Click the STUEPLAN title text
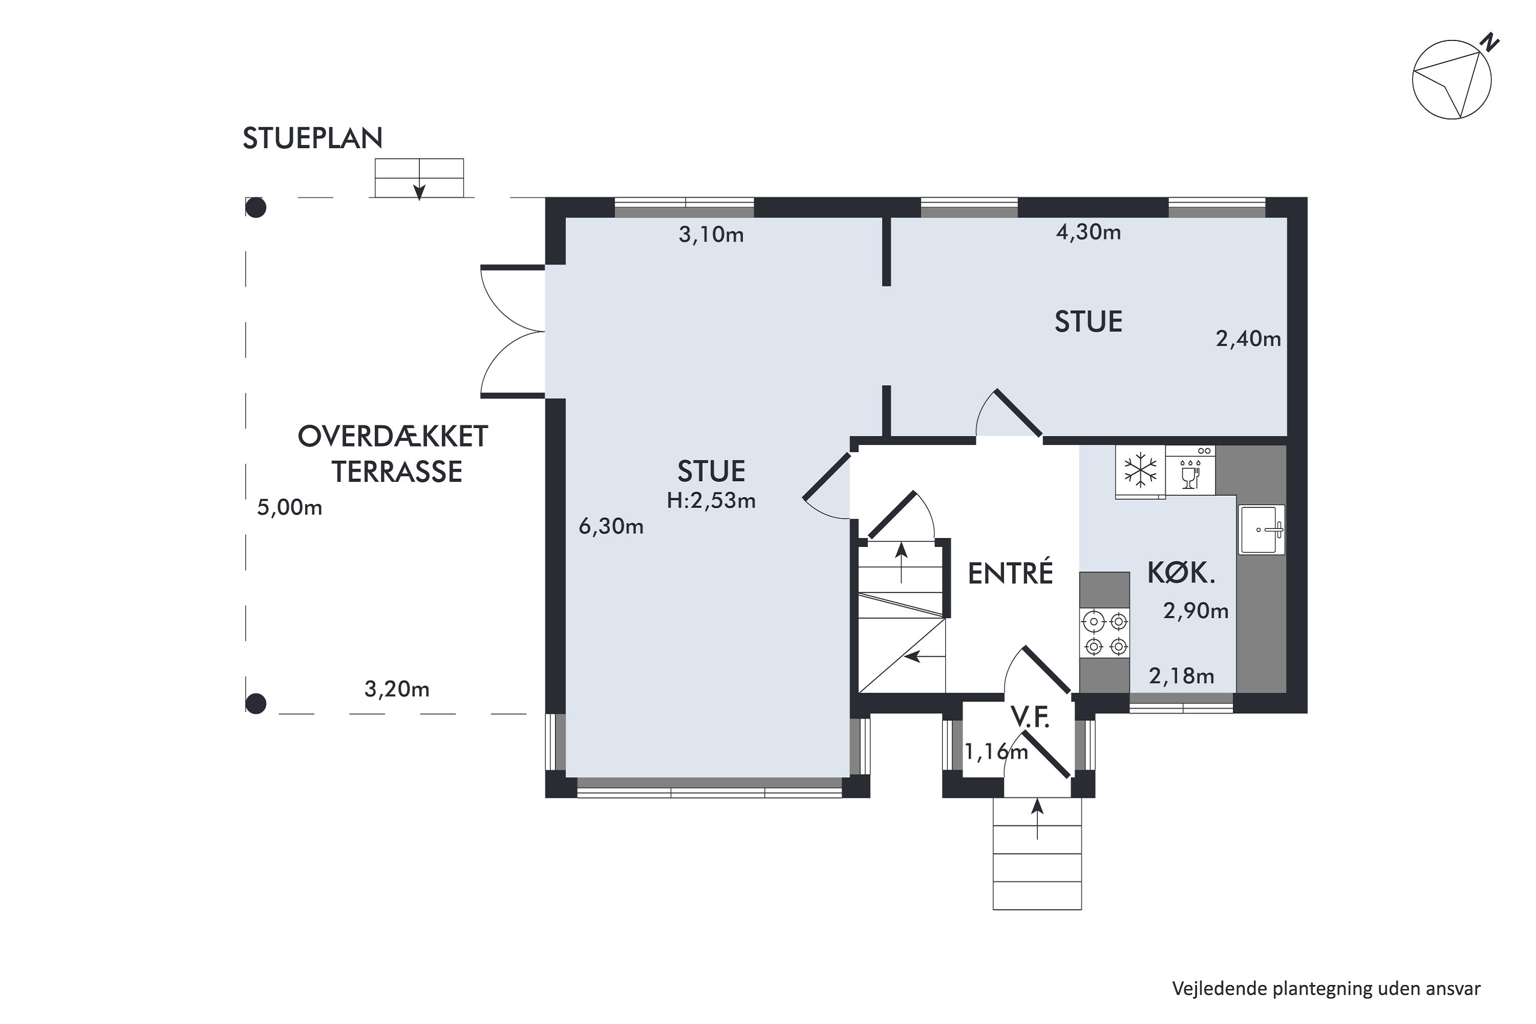coord(312,138)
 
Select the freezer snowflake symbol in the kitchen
coord(1140,470)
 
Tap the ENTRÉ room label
coord(1010,573)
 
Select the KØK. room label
coord(1181,573)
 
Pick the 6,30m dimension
coord(611,526)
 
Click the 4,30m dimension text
coord(1089,232)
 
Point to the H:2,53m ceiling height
coord(711,501)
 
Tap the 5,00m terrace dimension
coord(289,507)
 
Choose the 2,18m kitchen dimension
coord(1181,676)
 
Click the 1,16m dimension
coord(996,752)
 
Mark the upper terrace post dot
coord(255,208)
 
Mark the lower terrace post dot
coord(255,704)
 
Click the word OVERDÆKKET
coord(393,436)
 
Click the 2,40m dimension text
coord(1248,339)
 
